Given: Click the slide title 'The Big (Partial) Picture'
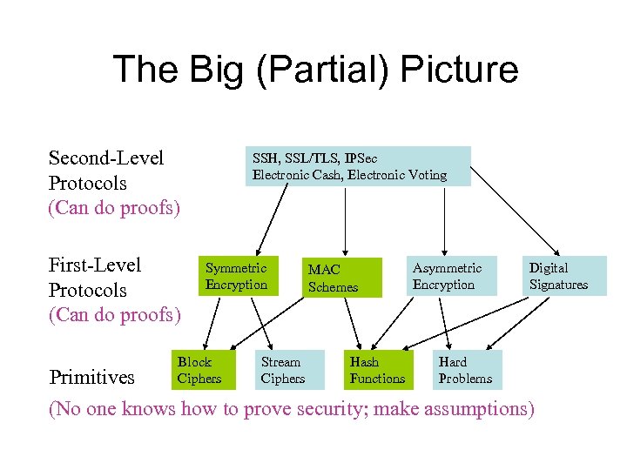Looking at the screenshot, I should (314, 70).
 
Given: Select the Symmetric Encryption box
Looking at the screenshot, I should (238, 276).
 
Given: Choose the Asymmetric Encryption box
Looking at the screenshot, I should (446, 276).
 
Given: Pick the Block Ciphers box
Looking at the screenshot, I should (199, 369).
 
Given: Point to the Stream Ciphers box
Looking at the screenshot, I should (282, 369).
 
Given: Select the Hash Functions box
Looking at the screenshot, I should (377, 369).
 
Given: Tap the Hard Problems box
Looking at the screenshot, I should (465, 369).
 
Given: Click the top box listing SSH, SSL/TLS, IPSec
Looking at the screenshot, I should (358, 166).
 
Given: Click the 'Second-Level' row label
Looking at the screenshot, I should (106, 158).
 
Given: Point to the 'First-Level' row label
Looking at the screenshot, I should (95, 265).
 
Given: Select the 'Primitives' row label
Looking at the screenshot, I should (92, 377).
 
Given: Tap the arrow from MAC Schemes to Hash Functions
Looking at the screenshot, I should (352, 322).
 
